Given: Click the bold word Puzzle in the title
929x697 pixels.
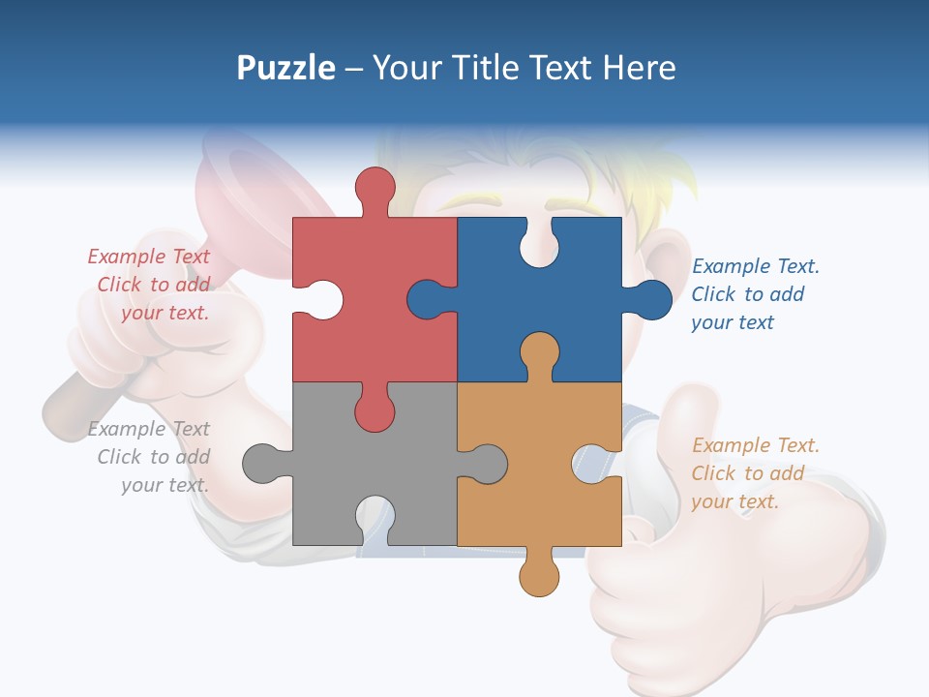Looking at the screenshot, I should (286, 68).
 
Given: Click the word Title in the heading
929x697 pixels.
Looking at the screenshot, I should (482, 68).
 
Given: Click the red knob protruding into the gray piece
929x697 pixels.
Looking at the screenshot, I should (375, 411).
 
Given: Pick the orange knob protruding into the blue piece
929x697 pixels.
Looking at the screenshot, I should (539, 350).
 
